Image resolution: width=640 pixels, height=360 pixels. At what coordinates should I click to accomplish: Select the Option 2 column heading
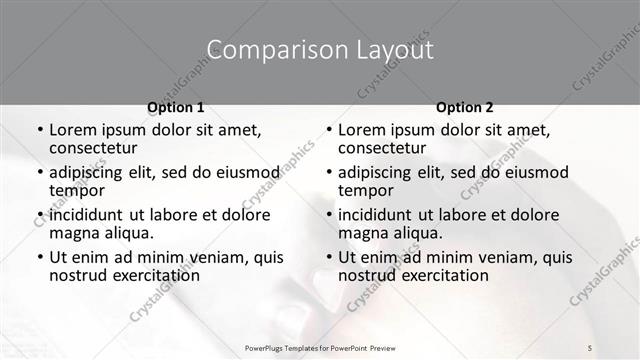(464, 106)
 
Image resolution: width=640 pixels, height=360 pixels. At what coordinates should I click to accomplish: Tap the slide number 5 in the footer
(590, 347)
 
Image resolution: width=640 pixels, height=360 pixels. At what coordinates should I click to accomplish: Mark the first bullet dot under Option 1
(39, 131)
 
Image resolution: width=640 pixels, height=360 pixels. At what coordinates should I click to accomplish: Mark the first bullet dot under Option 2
(328, 131)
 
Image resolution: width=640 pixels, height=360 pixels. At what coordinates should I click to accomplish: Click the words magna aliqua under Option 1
(101, 233)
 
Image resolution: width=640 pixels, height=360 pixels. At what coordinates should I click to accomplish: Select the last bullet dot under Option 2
(328, 257)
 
